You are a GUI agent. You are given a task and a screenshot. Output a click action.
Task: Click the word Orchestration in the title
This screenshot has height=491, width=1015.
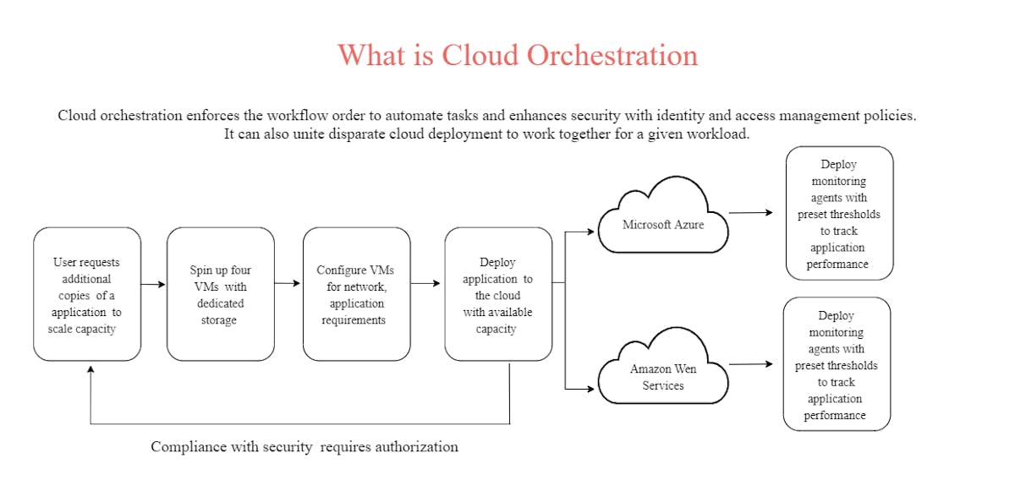click(x=612, y=55)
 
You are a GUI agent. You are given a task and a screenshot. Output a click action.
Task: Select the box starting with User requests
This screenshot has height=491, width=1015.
click(x=87, y=294)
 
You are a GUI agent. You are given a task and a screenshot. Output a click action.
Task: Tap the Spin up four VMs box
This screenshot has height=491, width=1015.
click(x=220, y=294)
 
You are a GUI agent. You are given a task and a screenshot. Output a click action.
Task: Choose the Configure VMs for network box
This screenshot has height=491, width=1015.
click(x=356, y=294)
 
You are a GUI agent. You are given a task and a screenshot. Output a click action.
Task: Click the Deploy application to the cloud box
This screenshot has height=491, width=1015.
click(x=497, y=294)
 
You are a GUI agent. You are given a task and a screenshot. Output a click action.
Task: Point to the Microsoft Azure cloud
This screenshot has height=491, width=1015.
click(x=662, y=221)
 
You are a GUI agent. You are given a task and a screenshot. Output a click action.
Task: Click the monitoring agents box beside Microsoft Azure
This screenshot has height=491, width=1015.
click(x=838, y=213)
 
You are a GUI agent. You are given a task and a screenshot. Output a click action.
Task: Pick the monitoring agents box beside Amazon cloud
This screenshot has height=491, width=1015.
click(x=836, y=364)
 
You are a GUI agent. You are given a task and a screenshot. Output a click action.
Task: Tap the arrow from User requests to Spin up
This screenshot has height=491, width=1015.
click(x=154, y=285)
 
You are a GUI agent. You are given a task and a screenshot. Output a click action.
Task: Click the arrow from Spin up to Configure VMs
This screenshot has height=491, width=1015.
click(x=288, y=283)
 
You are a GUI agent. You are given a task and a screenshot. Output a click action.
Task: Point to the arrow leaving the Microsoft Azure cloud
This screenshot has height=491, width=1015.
click(x=750, y=213)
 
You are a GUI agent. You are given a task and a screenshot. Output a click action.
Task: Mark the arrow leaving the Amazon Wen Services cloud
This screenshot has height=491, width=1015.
click(x=750, y=364)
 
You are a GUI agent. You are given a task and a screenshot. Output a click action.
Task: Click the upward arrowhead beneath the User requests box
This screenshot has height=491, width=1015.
click(x=91, y=368)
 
